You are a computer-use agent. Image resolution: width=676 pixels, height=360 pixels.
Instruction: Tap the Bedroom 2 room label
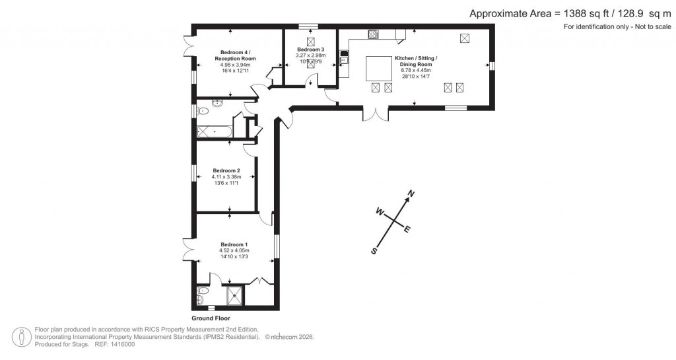pyautogui.click(x=226, y=170)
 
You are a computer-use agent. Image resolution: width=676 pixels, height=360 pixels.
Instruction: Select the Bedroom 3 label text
pyautogui.click(x=310, y=50)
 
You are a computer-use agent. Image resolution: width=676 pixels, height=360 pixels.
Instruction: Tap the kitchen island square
pyautogui.click(x=380, y=67)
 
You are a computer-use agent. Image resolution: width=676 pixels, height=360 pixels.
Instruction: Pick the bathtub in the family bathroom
pyautogui.click(x=213, y=131)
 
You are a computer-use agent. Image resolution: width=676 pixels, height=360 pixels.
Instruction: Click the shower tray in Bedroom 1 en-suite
pyautogui.click(x=234, y=295)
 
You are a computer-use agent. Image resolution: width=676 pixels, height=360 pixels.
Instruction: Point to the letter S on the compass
pyautogui.click(x=374, y=251)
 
